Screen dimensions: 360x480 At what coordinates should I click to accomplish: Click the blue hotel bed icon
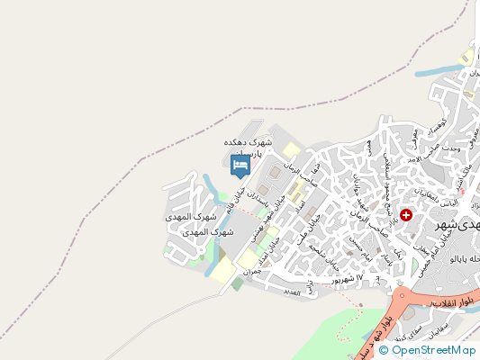[240, 165]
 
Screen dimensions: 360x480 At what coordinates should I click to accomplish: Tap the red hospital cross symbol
[406, 215]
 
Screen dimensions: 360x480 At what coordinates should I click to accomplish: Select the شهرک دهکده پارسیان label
[247, 148]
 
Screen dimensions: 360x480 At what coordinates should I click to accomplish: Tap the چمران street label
[252, 269]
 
